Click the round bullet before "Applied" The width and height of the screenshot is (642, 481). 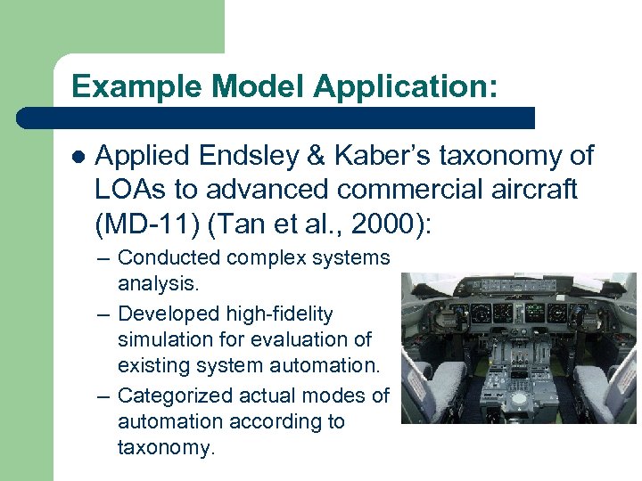pos(78,157)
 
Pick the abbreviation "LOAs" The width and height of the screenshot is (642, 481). pos(128,189)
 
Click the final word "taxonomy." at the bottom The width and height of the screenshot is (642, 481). pos(167,448)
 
